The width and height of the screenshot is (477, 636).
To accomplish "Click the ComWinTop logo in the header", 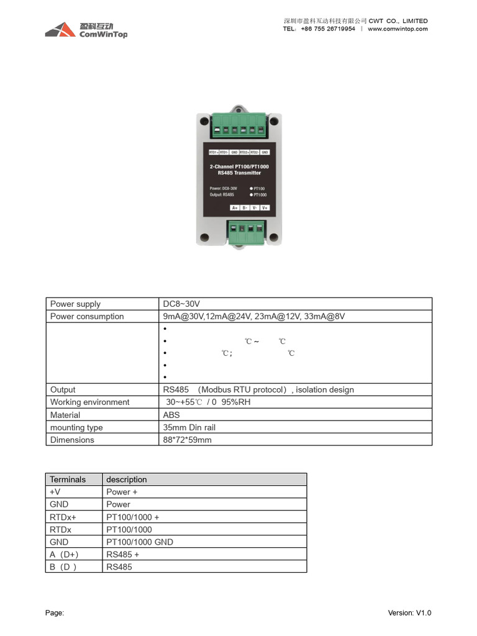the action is click(x=86, y=30).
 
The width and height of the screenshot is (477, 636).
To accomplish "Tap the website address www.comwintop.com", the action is click(x=397, y=29).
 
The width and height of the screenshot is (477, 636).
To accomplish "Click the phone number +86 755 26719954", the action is click(x=328, y=29).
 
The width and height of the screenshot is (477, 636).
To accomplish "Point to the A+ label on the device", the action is click(x=235, y=207).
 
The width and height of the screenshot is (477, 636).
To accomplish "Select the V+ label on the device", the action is click(x=265, y=207).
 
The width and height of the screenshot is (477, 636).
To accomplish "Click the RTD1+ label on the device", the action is click(x=212, y=152).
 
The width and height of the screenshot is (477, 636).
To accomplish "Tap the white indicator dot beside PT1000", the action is click(x=251, y=194).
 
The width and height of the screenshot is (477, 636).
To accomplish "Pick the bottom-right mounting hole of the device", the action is click(x=273, y=236).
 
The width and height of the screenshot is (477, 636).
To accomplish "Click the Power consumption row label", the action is click(x=87, y=316).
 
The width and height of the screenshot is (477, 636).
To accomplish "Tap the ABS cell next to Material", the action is click(x=171, y=415).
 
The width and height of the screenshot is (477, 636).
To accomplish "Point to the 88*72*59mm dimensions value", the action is click(x=187, y=440).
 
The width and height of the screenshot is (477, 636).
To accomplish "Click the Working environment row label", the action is click(x=89, y=402).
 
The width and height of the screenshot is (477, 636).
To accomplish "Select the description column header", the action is click(x=127, y=479).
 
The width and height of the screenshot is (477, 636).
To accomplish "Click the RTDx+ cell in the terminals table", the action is click(x=63, y=517).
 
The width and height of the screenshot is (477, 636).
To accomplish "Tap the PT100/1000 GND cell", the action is click(x=140, y=542).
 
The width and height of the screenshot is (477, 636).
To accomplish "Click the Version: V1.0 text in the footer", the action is click(x=409, y=613).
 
